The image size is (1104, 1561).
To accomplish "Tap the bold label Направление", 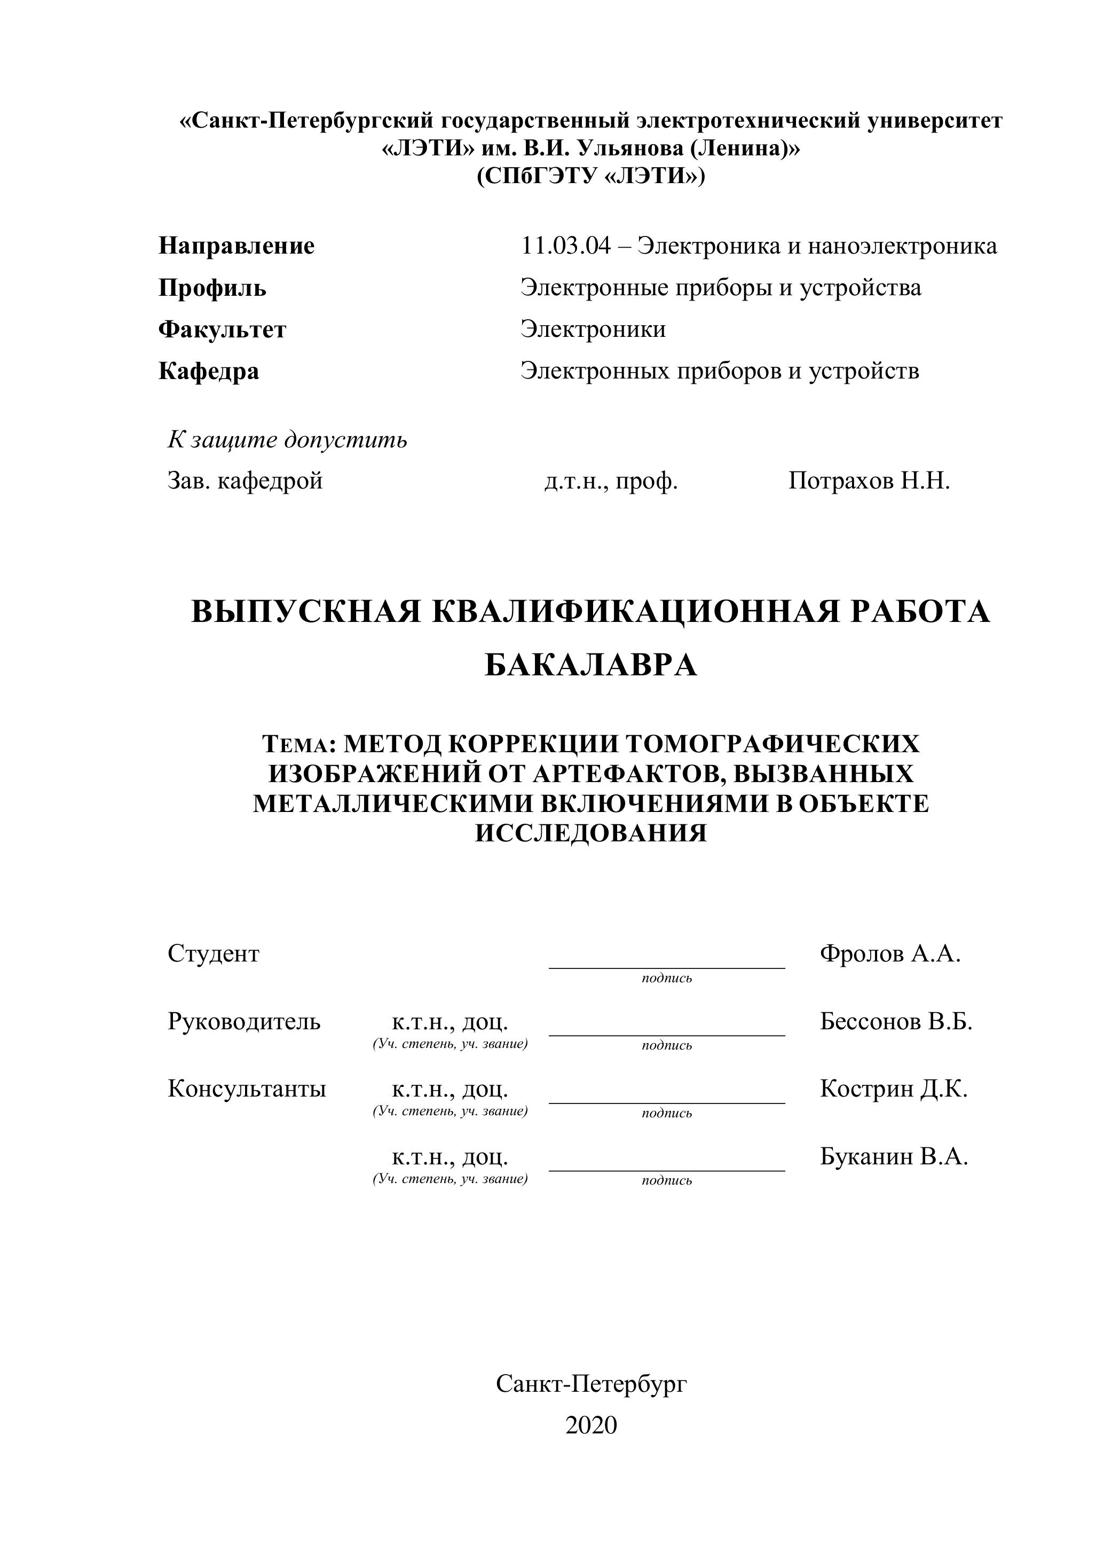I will point(236,246).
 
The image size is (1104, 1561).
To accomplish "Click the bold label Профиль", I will point(212,288).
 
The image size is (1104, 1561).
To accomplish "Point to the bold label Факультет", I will point(222,330).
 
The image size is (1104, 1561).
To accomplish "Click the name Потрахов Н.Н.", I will point(869,482).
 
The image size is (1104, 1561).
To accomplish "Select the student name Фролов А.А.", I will point(890,954).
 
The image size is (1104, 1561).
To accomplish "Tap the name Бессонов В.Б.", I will point(896,1021).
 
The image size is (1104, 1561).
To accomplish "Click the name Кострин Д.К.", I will point(893,1089).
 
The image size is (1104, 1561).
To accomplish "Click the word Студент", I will point(214,954).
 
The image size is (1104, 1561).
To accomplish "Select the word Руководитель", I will point(244,1021).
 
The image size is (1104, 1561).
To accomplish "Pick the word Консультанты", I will point(247,1089).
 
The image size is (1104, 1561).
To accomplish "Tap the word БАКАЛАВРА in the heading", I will point(591,664).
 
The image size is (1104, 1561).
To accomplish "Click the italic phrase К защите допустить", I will point(288,440).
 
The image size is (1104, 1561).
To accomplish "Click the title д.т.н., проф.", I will point(611,482).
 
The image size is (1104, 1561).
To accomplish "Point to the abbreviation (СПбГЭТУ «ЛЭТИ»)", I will point(591,176).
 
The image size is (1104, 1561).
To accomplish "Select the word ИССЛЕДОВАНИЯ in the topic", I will point(591,833).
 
